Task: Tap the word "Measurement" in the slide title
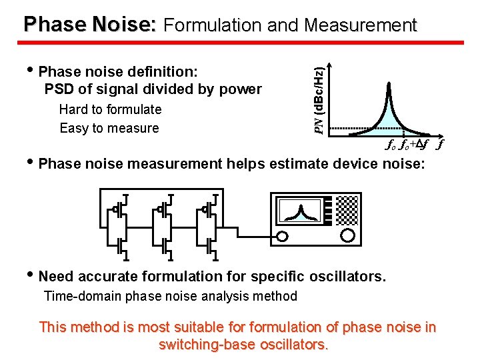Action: click(360, 25)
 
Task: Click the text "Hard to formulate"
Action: click(110, 109)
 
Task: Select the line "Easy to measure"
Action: click(109, 128)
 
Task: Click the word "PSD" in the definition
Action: click(58, 89)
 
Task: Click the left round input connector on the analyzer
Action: click(283, 236)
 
